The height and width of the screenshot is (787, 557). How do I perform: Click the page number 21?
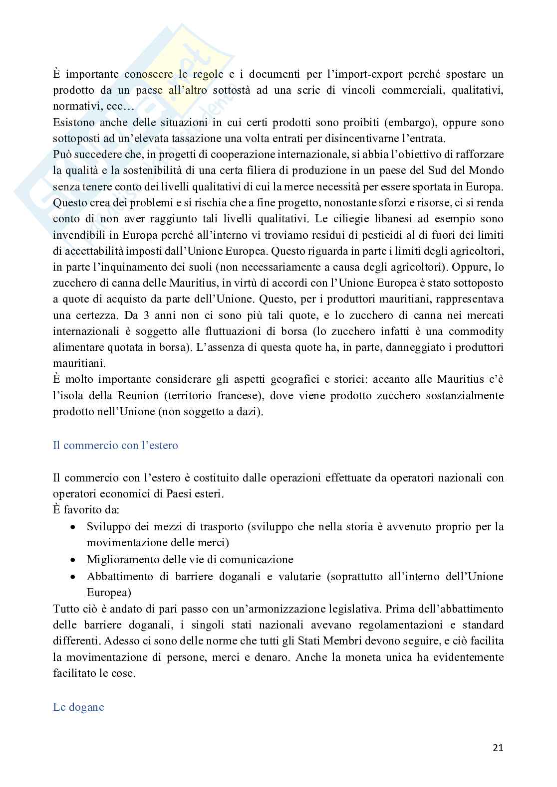[498, 748]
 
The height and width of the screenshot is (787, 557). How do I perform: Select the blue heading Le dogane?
[78, 707]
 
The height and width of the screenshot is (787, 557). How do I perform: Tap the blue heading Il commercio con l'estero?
[115, 445]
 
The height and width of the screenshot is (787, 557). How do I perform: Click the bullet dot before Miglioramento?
[73, 560]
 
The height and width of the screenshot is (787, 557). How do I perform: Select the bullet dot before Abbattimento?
[73, 577]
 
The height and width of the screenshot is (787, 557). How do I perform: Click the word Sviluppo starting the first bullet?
[107, 527]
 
